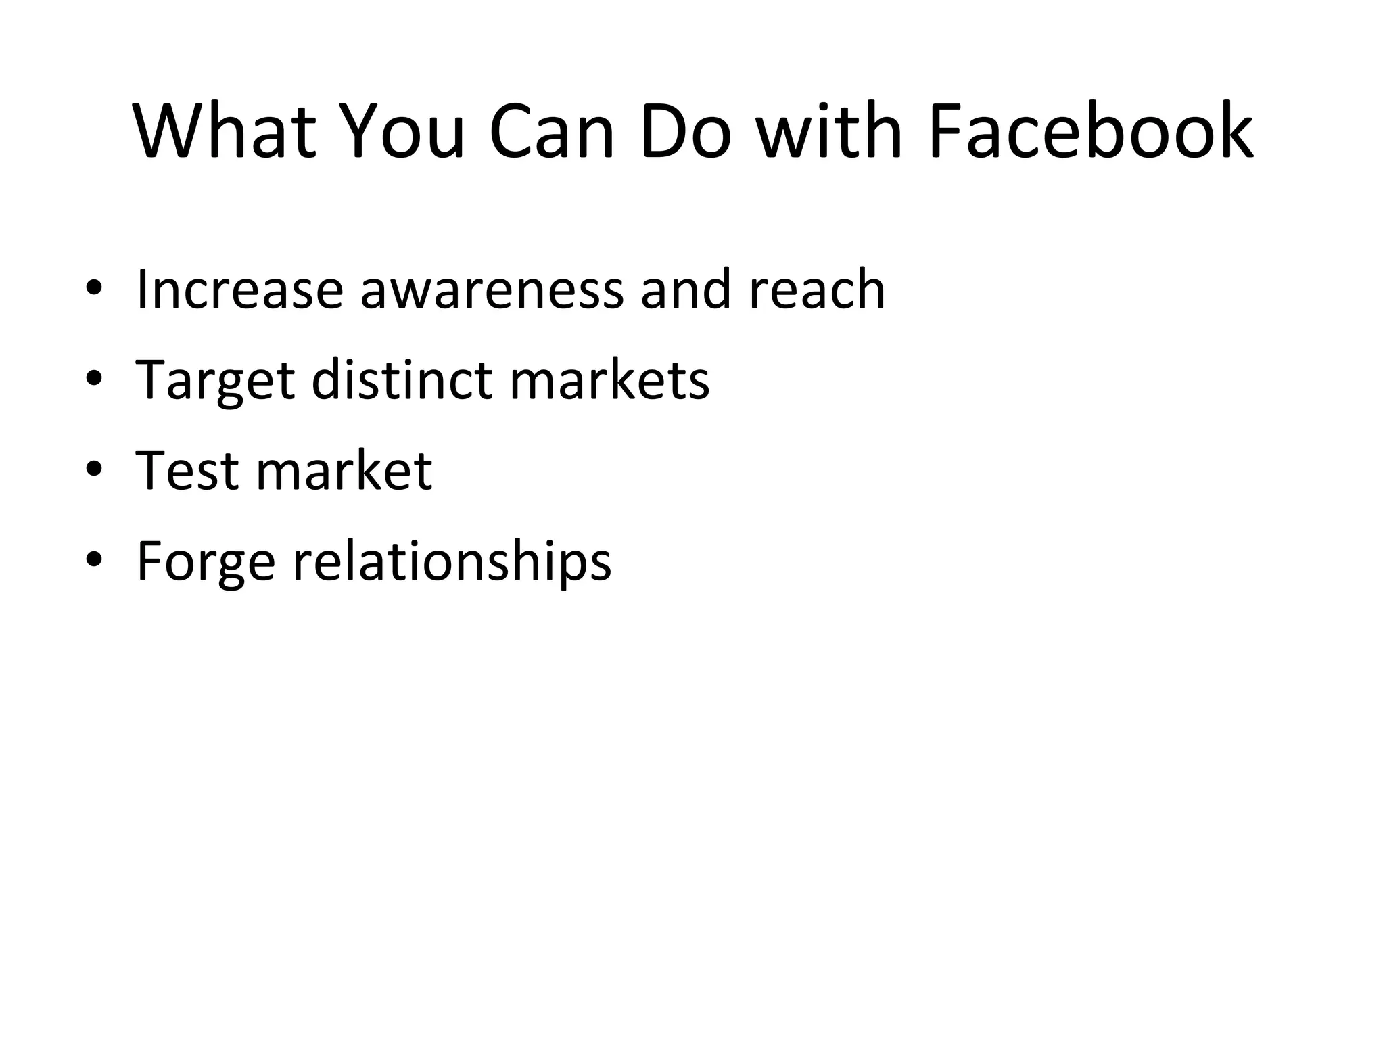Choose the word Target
point(215,381)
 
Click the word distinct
point(402,379)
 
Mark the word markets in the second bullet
point(609,379)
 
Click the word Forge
point(206,561)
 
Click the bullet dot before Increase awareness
point(94,290)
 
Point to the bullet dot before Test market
point(94,470)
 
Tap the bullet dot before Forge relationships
point(94,561)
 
